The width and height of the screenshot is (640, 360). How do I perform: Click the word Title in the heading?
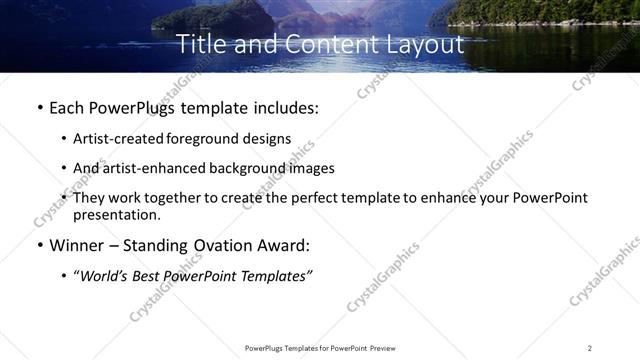[200, 45]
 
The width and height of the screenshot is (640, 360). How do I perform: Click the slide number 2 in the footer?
[590, 348]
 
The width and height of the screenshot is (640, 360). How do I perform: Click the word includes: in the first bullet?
[283, 107]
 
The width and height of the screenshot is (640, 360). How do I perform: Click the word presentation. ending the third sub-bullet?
[116, 215]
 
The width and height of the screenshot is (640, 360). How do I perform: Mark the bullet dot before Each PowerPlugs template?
[39, 108]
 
